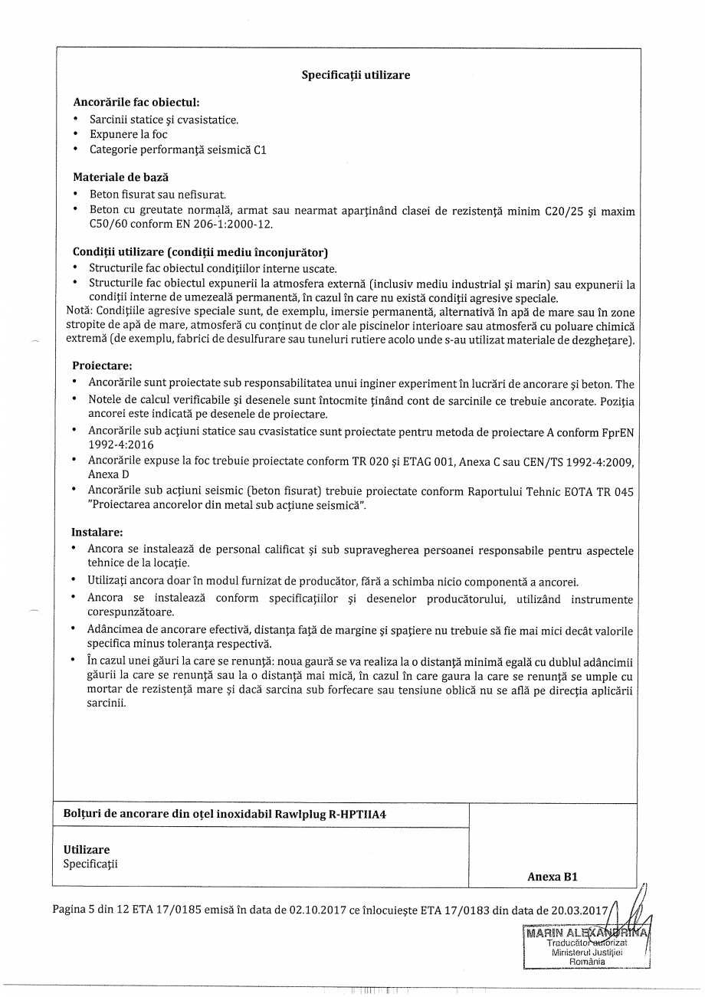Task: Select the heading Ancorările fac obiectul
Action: coord(136,102)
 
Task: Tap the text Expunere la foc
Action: coord(128,134)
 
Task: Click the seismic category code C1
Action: coord(259,149)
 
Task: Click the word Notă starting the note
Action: coord(79,312)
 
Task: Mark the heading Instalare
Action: coord(97,532)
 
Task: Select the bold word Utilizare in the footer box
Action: coord(87,849)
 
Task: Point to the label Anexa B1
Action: coord(552,877)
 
